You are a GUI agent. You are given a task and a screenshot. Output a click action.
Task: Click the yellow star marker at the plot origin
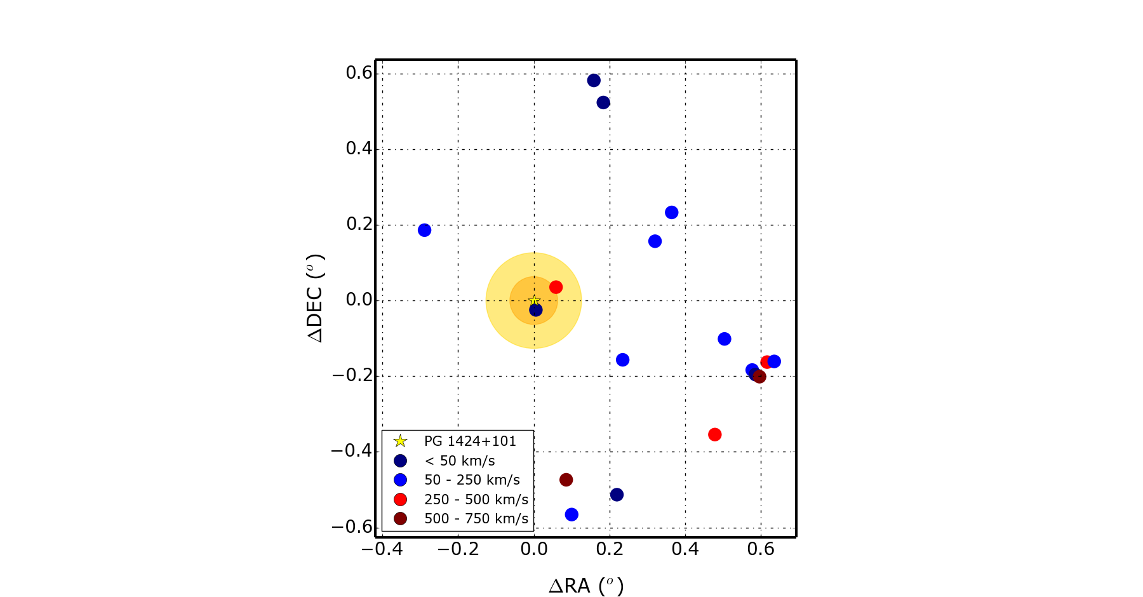(x=534, y=300)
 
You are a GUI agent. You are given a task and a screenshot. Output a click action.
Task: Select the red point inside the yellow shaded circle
(x=556, y=287)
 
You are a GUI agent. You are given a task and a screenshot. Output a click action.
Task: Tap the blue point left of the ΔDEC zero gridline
(x=424, y=230)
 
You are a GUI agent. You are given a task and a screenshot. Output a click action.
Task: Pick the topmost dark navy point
(x=594, y=80)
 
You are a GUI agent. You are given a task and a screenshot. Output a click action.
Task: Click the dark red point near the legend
(x=566, y=480)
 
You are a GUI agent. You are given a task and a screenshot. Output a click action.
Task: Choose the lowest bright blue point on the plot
(x=571, y=514)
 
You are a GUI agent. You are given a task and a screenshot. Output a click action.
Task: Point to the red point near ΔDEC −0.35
(x=714, y=434)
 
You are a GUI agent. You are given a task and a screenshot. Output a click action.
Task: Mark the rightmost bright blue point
(x=774, y=361)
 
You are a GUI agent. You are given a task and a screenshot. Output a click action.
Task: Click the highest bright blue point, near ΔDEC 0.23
(x=671, y=212)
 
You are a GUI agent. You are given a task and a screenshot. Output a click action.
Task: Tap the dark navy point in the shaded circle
(x=536, y=310)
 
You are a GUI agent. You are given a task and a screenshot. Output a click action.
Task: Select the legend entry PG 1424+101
(x=470, y=441)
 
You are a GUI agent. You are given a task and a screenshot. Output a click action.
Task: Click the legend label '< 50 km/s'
(x=460, y=460)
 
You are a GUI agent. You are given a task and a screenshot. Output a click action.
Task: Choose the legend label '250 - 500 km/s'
(x=476, y=499)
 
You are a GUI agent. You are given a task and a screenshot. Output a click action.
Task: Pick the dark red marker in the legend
(x=400, y=519)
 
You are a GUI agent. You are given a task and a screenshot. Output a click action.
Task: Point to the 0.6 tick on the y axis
(x=359, y=73)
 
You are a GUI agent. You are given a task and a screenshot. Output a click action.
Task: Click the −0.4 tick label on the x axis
(x=382, y=549)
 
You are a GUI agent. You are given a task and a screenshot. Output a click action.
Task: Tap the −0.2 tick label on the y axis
(x=352, y=375)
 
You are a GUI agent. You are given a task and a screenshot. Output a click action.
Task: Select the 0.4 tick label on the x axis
(x=685, y=549)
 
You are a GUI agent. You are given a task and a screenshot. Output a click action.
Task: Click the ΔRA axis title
(x=586, y=586)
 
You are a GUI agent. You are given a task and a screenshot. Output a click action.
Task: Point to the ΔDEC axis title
(x=316, y=298)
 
